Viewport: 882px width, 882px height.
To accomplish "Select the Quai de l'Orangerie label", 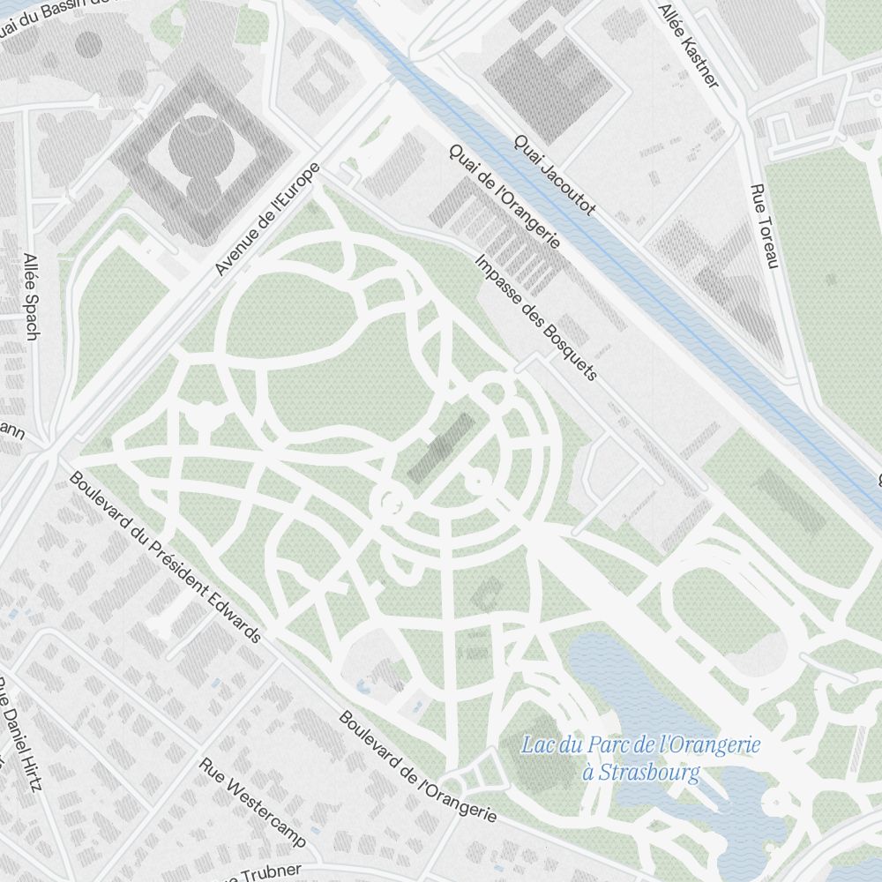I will (505, 197).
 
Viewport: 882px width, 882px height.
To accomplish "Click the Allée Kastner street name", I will (689, 44).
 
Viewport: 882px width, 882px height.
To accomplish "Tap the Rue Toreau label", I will (764, 227).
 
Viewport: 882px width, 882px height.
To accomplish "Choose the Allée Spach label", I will (32, 296).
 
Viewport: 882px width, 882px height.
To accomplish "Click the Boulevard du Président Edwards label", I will (165, 557).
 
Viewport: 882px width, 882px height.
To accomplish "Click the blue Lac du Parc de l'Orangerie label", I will (640, 745).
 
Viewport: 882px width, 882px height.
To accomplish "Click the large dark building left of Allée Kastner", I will (547, 81).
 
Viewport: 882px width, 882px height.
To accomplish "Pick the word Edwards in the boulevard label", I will (231, 613).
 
